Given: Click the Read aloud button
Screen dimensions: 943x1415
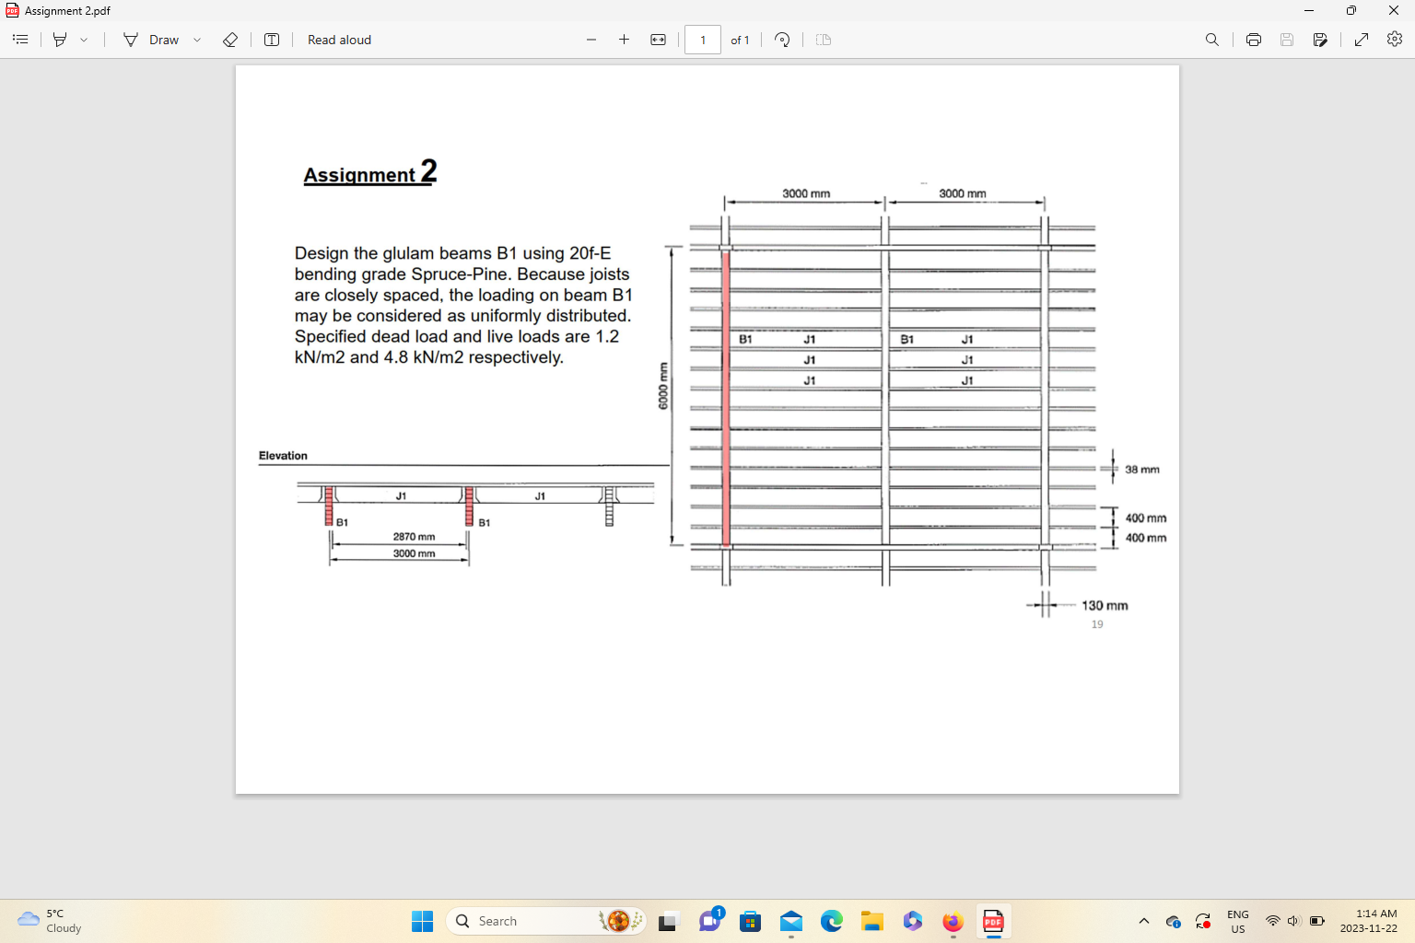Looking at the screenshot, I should (x=339, y=40).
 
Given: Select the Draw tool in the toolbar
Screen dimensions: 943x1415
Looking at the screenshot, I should (x=153, y=40).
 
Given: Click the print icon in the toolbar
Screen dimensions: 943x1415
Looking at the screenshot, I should (x=1253, y=40).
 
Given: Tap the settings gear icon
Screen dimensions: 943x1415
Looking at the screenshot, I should (x=1395, y=40).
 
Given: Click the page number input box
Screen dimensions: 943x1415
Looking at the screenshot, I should (x=702, y=40).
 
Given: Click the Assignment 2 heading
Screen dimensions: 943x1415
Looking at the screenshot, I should (x=369, y=173).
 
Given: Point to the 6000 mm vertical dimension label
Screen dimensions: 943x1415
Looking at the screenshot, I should (x=662, y=386).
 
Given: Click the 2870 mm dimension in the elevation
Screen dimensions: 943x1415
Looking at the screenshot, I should (x=414, y=536).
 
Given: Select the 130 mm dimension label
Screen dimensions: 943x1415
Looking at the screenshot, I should (x=1105, y=605).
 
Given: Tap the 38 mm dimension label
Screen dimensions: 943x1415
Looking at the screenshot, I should (x=1141, y=470).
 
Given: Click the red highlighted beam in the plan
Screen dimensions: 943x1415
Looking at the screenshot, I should (x=726, y=396).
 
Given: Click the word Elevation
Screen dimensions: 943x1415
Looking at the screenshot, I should (x=283, y=456).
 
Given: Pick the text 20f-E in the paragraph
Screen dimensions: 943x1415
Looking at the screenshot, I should (x=590, y=253).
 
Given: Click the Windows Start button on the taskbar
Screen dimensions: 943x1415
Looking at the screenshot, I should (x=422, y=921).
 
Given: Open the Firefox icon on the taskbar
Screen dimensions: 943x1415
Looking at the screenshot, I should (x=953, y=921).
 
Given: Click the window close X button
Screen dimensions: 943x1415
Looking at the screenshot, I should (x=1393, y=10).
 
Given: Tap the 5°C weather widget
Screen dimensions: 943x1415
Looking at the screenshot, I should (x=51, y=921).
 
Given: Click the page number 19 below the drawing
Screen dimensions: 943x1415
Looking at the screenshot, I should (x=1097, y=624).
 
